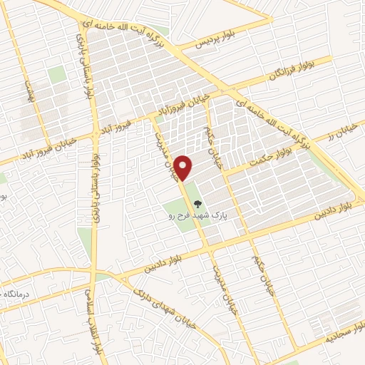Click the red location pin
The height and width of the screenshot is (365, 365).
click(x=185, y=167)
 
